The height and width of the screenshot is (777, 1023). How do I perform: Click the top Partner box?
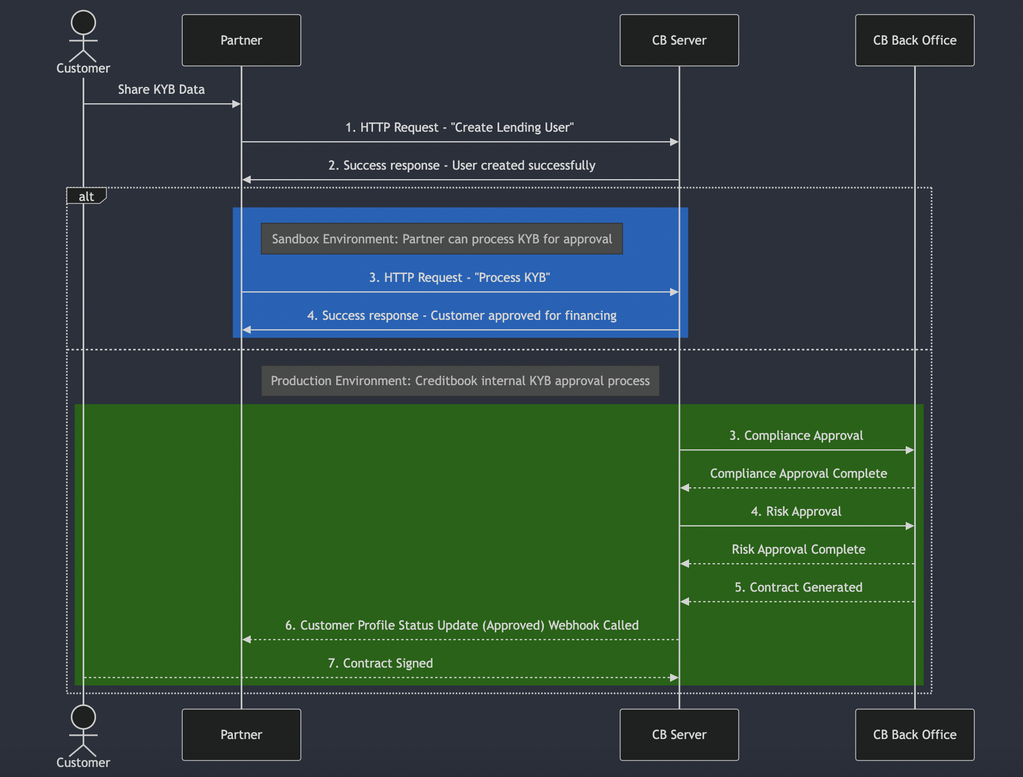click(x=241, y=40)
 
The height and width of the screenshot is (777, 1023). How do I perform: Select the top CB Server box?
click(x=679, y=40)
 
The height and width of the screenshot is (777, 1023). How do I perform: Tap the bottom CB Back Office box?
click(x=915, y=735)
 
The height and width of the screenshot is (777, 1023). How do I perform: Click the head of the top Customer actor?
click(x=83, y=23)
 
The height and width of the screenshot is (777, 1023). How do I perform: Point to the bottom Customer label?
click(x=83, y=762)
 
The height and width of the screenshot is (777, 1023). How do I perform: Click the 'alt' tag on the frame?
click(x=86, y=196)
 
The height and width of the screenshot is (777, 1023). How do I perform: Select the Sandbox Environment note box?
click(x=442, y=239)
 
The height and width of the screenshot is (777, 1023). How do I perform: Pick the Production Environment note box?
click(x=460, y=381)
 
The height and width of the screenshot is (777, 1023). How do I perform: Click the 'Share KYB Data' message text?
click(x=161, y=89)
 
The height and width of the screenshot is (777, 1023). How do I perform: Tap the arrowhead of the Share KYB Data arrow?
click(x=237, y=104)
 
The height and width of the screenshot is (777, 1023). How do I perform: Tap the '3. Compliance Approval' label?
click(x=796, y=435)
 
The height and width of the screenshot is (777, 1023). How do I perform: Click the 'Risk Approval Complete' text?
click(x=799, y=549)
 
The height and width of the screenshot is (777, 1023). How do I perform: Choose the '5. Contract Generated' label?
click(x=799, y=587)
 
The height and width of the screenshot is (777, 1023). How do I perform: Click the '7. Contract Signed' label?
click(x=380, y=663)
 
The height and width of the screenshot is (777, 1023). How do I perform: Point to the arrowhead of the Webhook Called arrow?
click(x=247, y=640)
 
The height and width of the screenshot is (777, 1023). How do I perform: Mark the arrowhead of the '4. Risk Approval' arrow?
click(x=910, y=526)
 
